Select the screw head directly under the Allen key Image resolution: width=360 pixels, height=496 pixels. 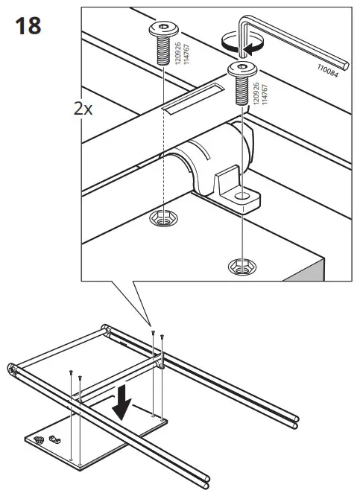coord(241,71)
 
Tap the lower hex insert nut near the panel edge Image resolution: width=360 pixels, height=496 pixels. coord(241,266)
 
